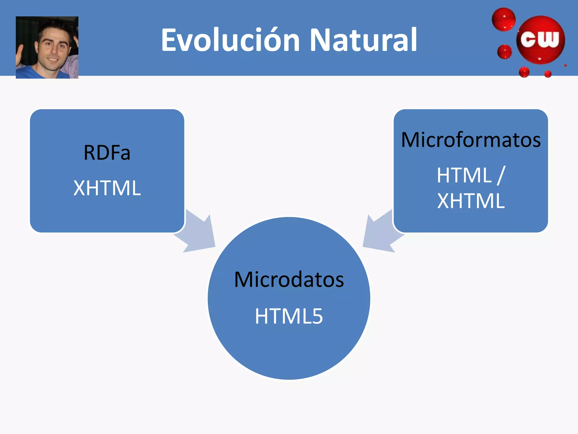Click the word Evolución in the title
(230, 40)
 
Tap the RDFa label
(107, 153)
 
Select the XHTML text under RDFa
(107, 188)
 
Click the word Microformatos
(471, 140)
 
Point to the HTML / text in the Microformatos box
(471, 175)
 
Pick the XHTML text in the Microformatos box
(471, 201)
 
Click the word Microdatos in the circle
(289, 280)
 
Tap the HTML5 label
(289, 316)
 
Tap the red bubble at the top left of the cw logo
(504, 19)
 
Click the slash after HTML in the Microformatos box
(501, 175)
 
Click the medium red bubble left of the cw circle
(504, 52)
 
